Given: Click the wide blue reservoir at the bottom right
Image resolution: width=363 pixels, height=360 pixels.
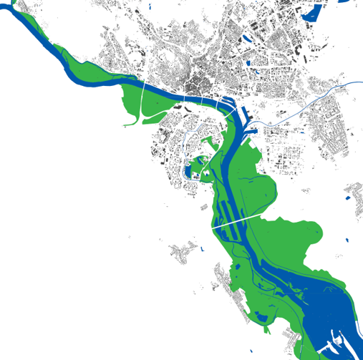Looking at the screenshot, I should (329, 315).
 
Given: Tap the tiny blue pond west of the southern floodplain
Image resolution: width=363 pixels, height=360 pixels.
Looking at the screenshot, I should (203, 249).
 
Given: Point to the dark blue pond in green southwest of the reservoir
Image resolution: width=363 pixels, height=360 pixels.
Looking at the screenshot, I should (236, 276).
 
